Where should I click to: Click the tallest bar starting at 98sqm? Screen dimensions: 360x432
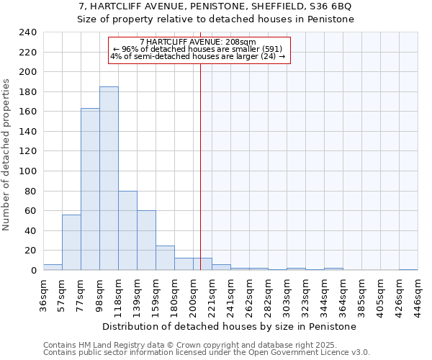coord(109,179)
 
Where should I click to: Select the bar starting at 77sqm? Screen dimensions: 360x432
coord(90,189)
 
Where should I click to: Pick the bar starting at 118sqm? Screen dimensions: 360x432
coord(127,230)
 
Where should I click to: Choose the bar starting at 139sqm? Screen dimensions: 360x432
coord(146,240)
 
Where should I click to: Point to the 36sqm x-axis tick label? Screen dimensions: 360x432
coord(44,295)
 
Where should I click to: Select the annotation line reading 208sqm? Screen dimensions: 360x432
coord(198,42)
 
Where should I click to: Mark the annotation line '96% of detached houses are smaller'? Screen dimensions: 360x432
coord(198,49)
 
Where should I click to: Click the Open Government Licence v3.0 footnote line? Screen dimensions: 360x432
coord(207,352)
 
